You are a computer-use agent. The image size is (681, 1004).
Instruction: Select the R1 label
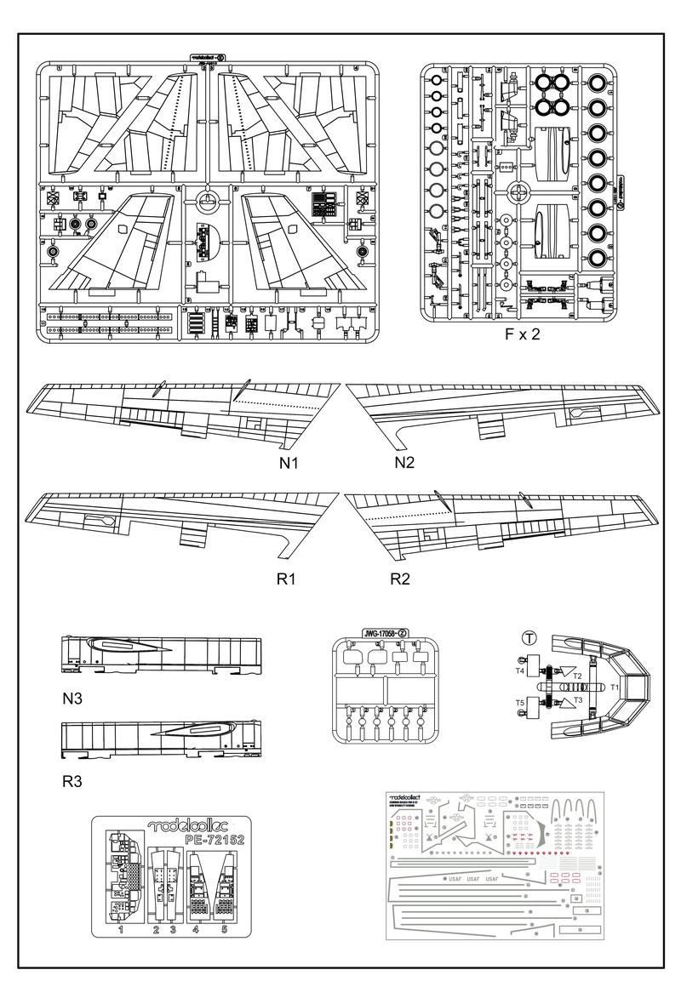click(x=285, y=580)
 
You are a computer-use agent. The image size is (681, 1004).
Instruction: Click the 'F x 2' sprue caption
click(x=523, y=334)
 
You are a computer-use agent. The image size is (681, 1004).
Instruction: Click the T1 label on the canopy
click(x=615, y=685)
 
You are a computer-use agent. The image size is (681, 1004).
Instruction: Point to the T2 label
click(x=577, y=675)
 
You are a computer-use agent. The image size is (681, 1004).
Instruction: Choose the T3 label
click(x=577, y=699)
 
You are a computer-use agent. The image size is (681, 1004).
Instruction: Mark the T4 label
click(x=519, y=671)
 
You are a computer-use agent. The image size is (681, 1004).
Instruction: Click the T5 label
click(x=519, y=703)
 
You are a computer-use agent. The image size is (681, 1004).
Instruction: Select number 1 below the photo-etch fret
click(x=121, y=931)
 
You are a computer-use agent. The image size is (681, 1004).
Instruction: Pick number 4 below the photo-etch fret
click(x=196, y=931)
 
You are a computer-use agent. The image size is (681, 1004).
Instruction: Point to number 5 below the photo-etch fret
click(x=226, y=931)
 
